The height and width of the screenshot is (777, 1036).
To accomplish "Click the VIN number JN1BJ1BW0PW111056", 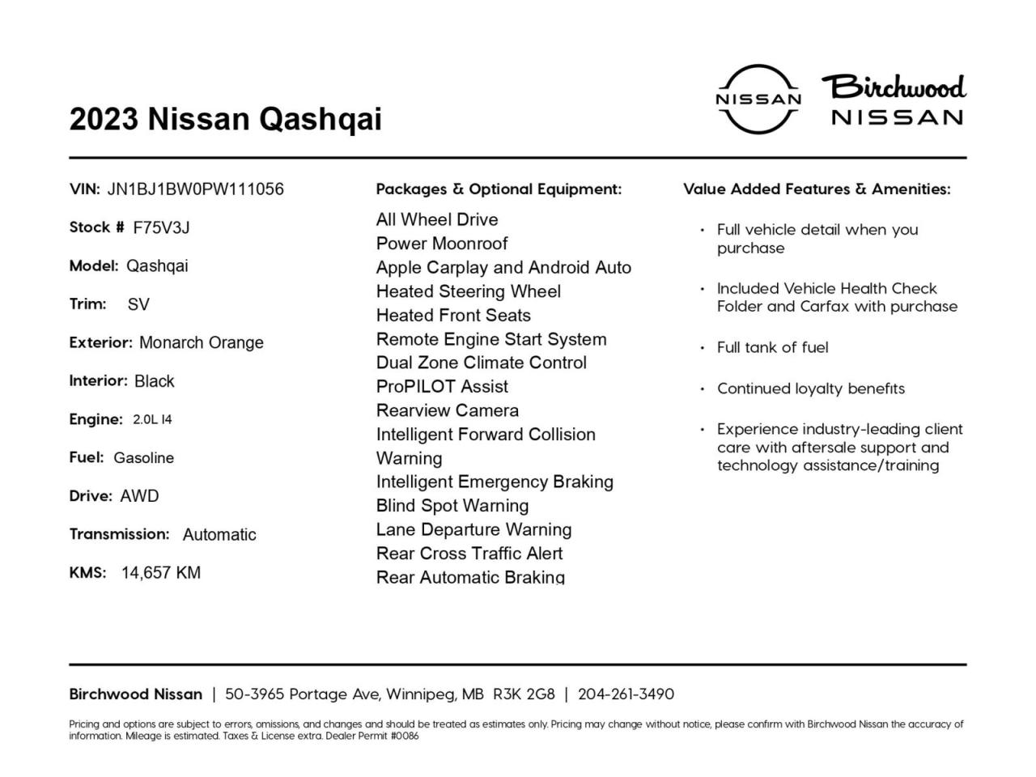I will (195, 189).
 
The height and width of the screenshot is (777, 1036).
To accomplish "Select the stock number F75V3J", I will (161, 227).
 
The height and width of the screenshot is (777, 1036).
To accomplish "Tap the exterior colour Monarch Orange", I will (202, 342).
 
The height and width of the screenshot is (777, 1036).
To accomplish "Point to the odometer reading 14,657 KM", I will (161, 573).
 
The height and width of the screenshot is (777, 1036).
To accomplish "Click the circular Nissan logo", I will (758, 99).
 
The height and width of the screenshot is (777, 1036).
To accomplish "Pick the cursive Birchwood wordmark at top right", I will (894, 87).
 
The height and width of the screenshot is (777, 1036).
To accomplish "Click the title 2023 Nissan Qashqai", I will (225, 119).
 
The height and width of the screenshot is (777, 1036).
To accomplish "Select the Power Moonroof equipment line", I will (442, 244).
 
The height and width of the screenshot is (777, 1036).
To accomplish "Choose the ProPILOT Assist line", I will (442, 387).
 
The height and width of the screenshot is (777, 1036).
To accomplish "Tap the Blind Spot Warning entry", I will (452, 506).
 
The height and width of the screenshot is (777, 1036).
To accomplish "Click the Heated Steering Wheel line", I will (469, 291).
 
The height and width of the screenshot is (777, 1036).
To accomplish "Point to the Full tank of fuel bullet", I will (772, 347).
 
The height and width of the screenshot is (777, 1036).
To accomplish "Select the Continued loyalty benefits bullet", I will (810, 388).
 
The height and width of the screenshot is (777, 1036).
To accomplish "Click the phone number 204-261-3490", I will (626, 694).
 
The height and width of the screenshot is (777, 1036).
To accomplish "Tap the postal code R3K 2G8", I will (524, 694).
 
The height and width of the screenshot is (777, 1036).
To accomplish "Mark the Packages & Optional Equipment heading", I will (499, 189).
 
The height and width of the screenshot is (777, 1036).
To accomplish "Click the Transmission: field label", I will (119, 534).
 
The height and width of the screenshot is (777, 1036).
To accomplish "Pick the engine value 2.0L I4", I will (152, 419).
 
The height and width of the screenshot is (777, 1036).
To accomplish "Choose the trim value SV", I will (138, 304).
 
